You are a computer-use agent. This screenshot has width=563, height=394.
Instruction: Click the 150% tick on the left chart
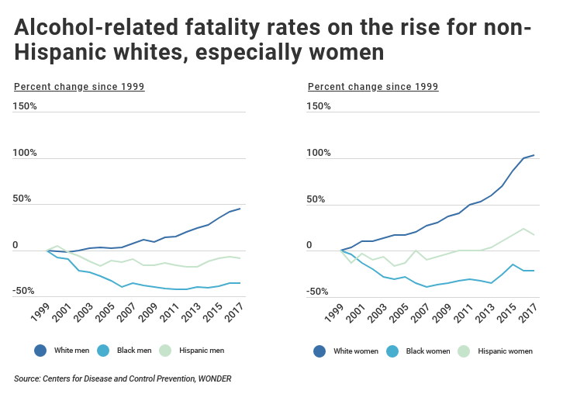coord(25,105)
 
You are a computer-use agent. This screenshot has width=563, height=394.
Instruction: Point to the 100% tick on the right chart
coord(319,153)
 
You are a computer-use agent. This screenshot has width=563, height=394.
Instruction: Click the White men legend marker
coord(40,351)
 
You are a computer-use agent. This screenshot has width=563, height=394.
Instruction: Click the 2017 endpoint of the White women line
coord(534,155)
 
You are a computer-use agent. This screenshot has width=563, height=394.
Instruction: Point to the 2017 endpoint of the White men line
coord(240,209)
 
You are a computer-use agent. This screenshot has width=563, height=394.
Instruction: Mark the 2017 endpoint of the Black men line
coord(240,283)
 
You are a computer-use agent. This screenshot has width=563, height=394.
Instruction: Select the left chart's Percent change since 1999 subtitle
coord(79,86)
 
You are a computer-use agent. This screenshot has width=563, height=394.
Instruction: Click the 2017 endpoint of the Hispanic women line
coord(534,234)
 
